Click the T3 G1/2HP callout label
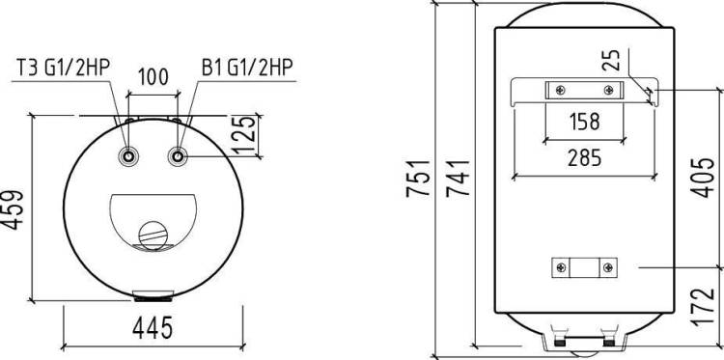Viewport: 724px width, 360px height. [64, 68]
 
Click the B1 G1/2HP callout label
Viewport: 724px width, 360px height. [247, 68]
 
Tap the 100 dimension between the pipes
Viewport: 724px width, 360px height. [153, 77]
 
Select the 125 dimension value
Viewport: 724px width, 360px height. [243, 135]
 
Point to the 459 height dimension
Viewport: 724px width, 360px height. [12, 210]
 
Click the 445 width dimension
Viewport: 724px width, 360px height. [153, 328]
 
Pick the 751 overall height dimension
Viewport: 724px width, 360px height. [418, 179]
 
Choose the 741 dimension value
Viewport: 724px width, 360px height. [458, 179]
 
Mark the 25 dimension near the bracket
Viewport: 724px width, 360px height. [612, 60]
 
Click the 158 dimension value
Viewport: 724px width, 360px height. [585, 122]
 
